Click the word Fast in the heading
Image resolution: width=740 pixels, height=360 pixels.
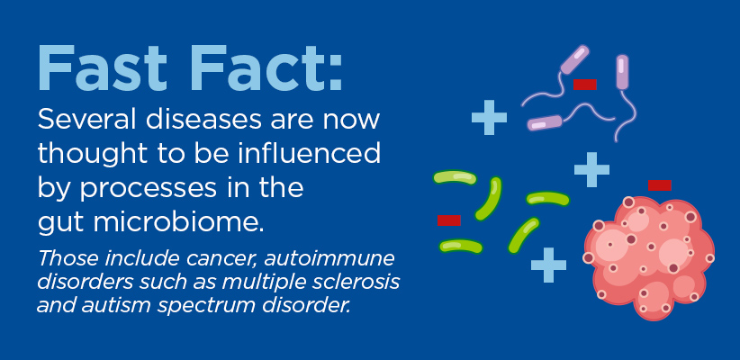click(x=103, y=67)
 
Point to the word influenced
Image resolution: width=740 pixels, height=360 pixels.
click(x=309, y=153)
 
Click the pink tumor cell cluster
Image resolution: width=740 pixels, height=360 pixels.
click(x=649, y=256)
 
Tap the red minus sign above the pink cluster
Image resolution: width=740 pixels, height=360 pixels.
click(x=659, y=185)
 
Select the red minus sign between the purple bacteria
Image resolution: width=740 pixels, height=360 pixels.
click(x=585, y=85)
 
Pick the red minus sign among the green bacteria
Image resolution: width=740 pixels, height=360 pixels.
click(x=449, y=220)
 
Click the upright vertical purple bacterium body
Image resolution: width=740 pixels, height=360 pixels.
click(x=622, y=72)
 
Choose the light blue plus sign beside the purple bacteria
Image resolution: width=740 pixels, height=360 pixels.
click(x=490, y=118)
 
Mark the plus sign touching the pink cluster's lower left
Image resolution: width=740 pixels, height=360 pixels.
click(x=548, y=265)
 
